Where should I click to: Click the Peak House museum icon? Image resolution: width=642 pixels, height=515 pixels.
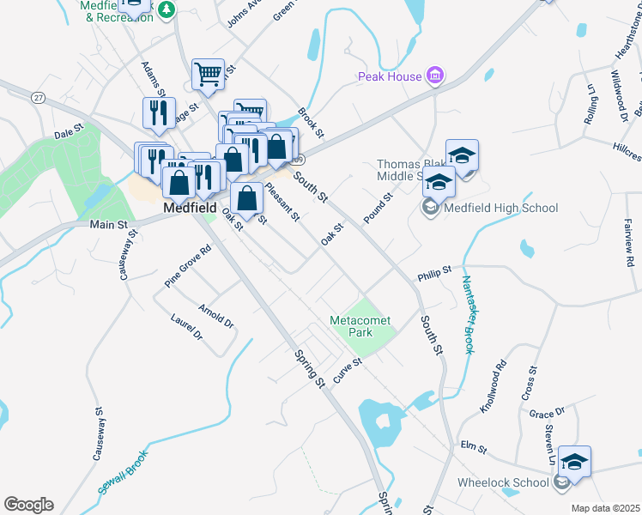click(435, 76)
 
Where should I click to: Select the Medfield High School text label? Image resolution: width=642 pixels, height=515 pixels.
click(502, 208)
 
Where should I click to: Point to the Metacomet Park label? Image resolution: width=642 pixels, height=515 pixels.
click(360, 326)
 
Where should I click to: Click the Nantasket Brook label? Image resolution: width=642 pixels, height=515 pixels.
click(469, 314)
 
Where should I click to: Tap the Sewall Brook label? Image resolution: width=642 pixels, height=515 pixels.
click(123, 472)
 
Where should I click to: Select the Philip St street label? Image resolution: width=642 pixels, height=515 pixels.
click(434, 274)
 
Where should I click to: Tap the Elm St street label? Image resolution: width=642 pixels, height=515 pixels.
click(474, 448)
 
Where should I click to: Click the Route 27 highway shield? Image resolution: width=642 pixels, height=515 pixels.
click(37, 98)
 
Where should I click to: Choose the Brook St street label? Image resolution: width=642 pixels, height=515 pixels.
click(310, 122)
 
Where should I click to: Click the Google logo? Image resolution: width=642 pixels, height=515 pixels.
click(28, 505)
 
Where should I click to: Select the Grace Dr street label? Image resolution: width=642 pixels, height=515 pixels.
click(547, 413)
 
